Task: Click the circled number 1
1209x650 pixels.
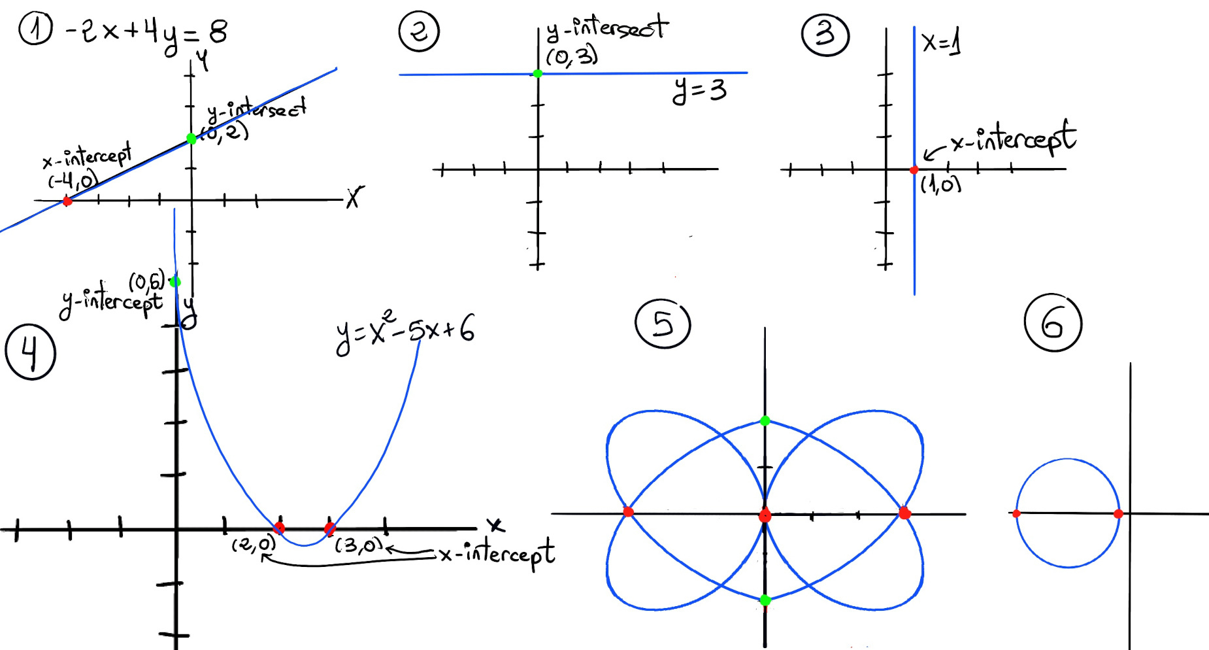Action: (35, 29)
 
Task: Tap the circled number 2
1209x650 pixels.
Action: (419, 31)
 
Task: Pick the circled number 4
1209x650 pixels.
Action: (30, 353)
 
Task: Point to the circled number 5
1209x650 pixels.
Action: (662, 323)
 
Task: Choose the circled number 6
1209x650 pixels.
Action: (1053, 323)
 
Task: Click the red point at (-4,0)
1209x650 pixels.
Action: (67, 201)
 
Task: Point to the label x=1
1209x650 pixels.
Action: (941, 43)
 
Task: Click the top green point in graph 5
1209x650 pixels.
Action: (765, 421)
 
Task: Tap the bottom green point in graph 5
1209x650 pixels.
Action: (765, 600)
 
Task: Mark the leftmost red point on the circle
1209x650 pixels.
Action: (1016, 514)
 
